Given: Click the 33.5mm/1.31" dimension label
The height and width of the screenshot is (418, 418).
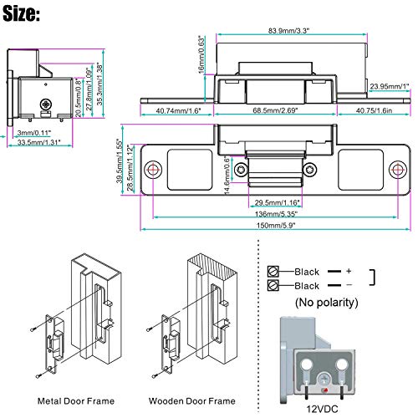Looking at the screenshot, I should (x=41, y=141).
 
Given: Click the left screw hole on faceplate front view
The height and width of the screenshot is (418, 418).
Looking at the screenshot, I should (x=153, y=170).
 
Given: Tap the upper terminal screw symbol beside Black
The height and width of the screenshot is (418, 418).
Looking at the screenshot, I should (x=273, y=271).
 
